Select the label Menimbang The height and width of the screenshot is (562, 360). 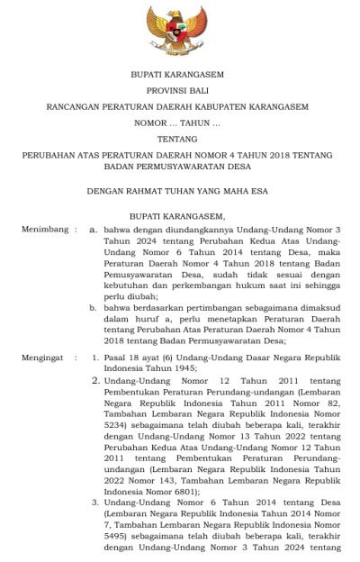[41, 230]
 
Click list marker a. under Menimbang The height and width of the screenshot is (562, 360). [93, 230]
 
